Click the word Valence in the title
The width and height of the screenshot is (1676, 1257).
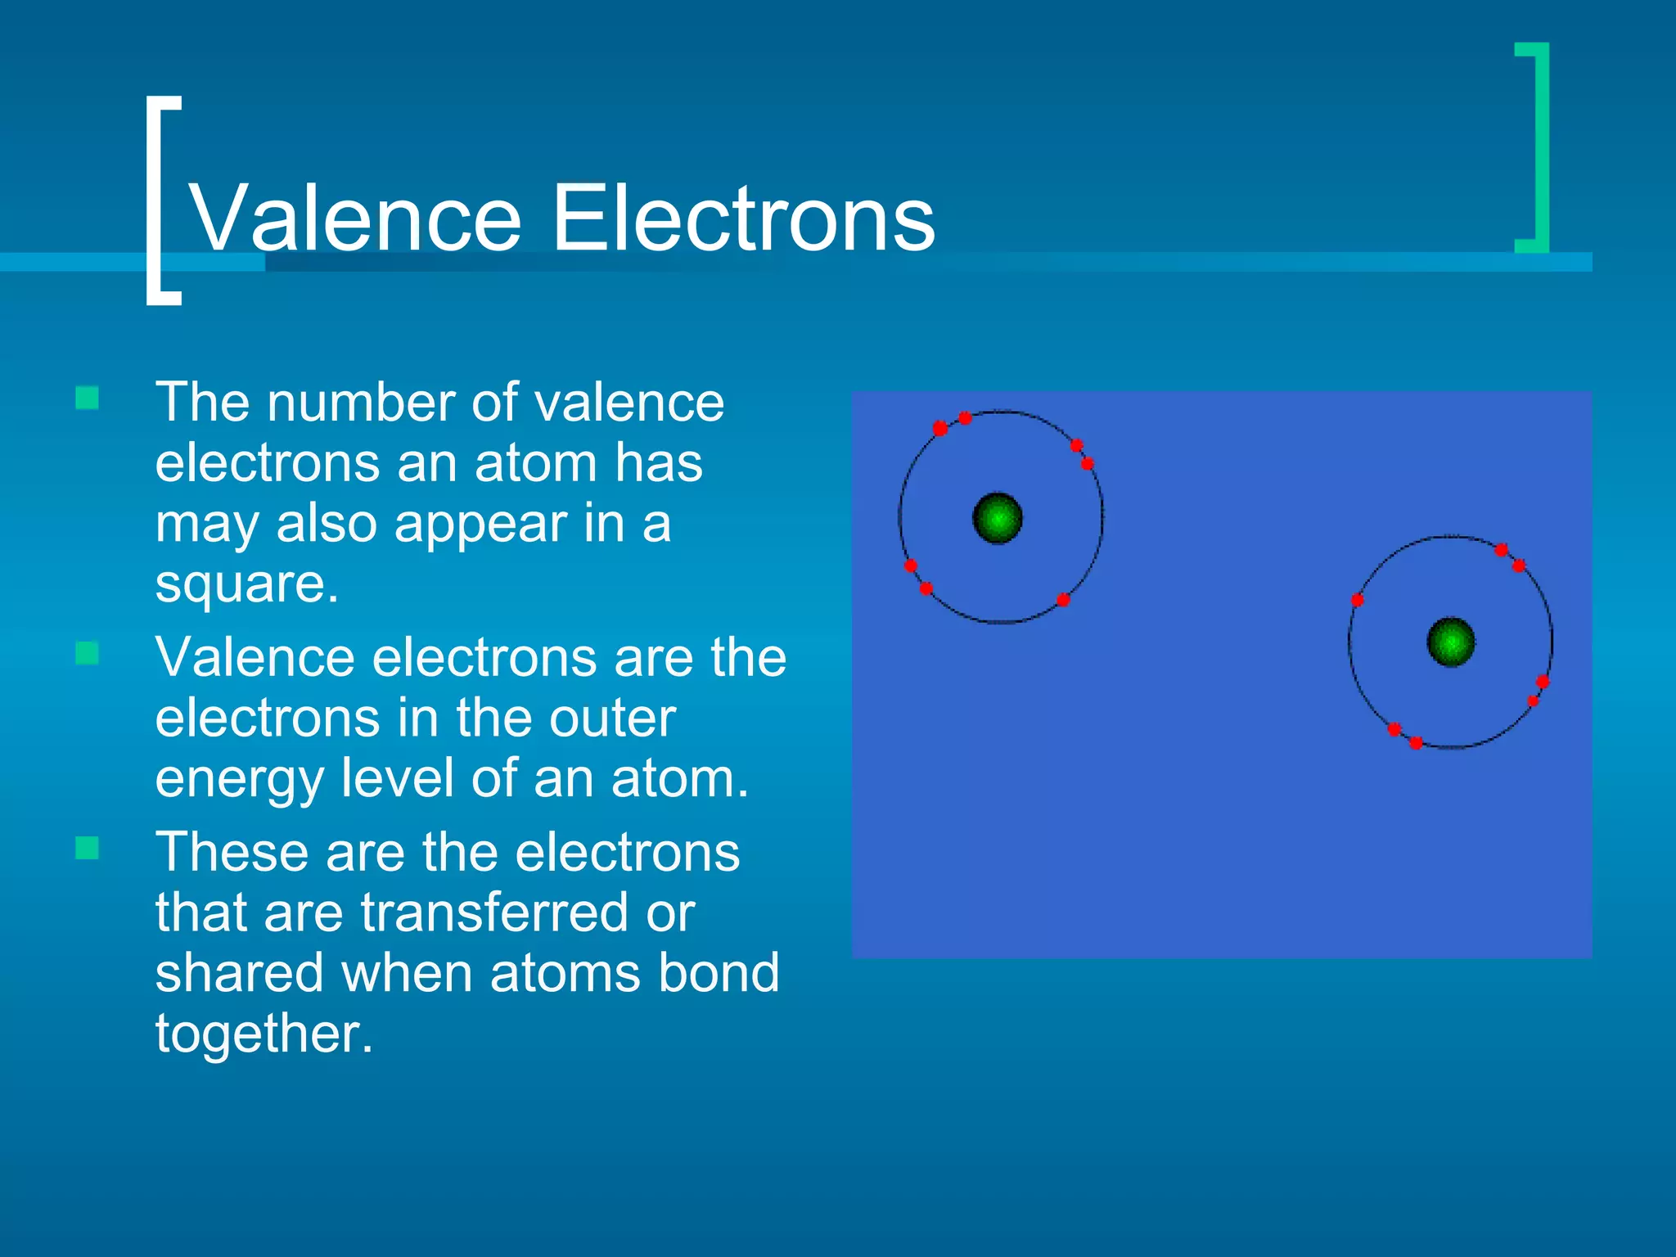point(355,219)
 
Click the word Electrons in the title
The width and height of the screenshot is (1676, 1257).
point(743,219)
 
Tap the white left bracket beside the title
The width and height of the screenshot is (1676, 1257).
point(155,200)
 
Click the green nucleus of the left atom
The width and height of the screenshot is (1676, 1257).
point(998,518)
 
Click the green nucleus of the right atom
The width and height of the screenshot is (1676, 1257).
point(1451,642)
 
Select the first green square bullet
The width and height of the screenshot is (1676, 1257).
point(87,399)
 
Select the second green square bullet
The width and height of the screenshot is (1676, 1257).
point(87,653)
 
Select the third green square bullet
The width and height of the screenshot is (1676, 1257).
point(87,848)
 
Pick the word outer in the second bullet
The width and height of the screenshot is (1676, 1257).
point(612,719)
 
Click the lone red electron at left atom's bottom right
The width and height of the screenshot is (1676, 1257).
point(1063,600)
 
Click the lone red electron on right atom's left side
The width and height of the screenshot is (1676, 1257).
point(1357,600)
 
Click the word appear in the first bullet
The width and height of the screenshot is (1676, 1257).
point(481,524)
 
